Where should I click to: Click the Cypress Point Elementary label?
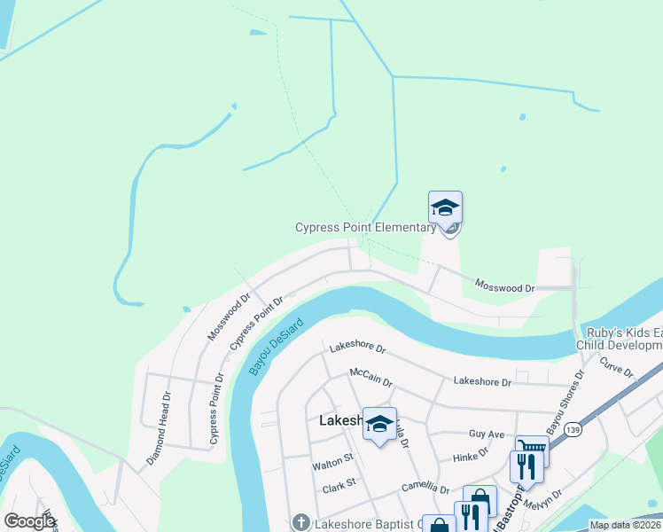(365, 228)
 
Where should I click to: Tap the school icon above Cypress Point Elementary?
(445, 208)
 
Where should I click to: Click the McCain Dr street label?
(370, 377)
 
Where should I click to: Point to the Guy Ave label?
(486, 434)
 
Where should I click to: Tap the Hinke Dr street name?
(472, 453)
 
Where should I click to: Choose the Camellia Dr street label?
(425, 488)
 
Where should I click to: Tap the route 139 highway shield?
(574, 428)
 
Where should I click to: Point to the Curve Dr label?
(616, 366)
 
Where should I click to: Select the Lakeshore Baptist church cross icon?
(301, 523)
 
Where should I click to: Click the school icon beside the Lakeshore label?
(379, 425)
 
